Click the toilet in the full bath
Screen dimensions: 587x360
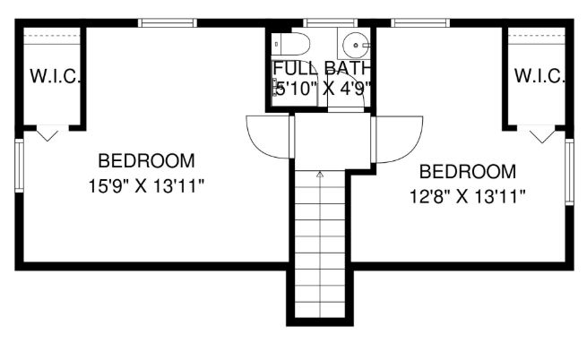[x=290, y=44]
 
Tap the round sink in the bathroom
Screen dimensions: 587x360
[x=356, y=46]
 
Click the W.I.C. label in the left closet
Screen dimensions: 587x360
[x=55, y=76]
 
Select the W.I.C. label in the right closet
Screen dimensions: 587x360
[x=540, y=76]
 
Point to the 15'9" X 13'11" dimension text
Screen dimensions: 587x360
[x=146, y=186]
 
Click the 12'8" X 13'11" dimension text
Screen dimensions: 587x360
[x=468, y=196]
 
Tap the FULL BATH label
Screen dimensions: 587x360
[x=322, y=68]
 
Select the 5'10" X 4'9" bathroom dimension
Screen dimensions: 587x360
[x=322, y=89]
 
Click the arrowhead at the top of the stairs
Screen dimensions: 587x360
[x=320, y=174]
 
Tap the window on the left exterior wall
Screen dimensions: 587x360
[x=19, y=166]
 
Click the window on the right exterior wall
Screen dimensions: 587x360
[x=569, y=172]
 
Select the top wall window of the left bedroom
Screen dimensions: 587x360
[x=168, y=22]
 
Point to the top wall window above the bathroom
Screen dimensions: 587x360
[x=330, y=22]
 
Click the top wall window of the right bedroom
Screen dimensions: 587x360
[x=420, y=22]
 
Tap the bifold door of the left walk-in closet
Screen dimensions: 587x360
[x=47, y=133]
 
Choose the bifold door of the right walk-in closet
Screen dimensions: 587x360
[x=541, y=134]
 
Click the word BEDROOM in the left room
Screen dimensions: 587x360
[x=146, y=161]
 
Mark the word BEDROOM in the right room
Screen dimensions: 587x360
[x=468, y=172]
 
